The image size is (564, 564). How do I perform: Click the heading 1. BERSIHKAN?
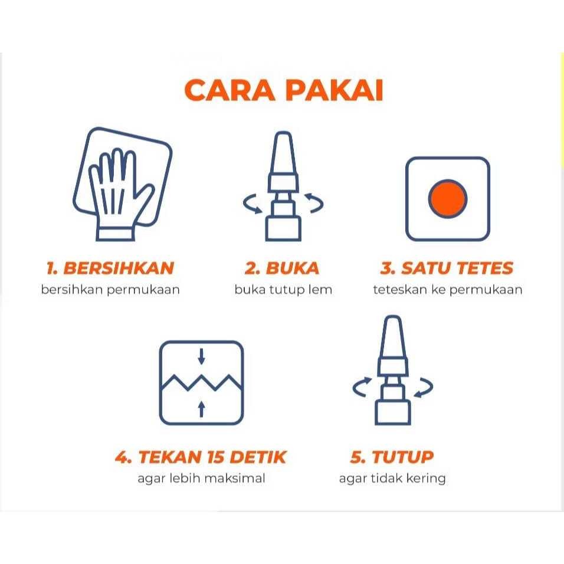click(x=110, y=268)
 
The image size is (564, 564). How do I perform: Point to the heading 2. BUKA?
click(x=282, y=268)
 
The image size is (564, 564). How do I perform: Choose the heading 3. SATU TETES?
click(x=447, y=268)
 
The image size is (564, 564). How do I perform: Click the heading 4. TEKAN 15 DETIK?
click(x=201, y=457)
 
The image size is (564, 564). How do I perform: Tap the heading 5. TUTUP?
click(x=392, y=457)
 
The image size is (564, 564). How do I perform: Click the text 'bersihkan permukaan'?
click(x=110, y=290)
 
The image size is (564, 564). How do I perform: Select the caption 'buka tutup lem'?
click(x=283, y=290)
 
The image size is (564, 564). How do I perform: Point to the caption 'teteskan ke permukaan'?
click(x=447, y=290)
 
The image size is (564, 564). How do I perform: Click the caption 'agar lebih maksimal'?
click(x=201, y=478)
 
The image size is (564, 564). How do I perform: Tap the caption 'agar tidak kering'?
click(x=392, y=478)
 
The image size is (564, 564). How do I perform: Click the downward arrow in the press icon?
click(x=201, y=356)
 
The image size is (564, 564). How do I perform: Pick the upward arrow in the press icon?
click(x=201, y=408)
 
